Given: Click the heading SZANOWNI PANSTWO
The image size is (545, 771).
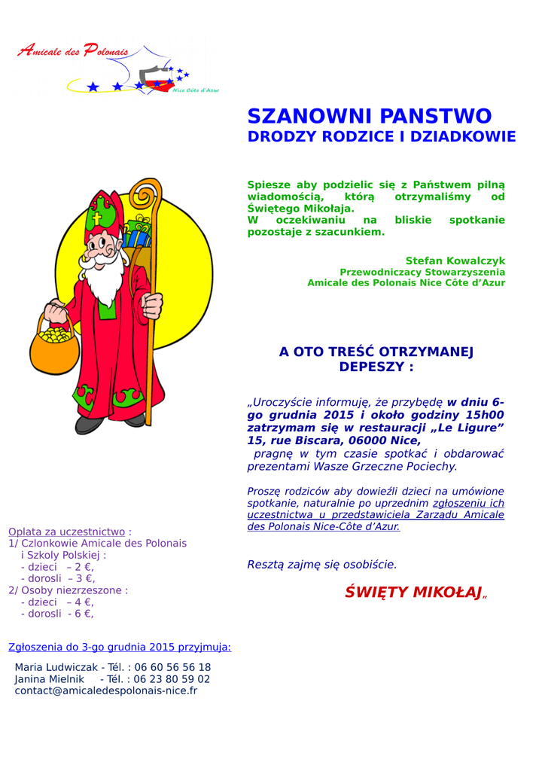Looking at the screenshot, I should click(x=369, y=117).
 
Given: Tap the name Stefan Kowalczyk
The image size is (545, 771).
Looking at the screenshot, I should click(x=455, y=261).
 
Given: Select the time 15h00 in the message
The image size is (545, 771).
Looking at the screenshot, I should click(x=485, y=415).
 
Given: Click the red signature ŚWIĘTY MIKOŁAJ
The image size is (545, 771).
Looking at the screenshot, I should click(x=413, y=593).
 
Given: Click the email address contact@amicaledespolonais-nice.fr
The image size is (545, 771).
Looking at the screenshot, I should click(x=105, y=690).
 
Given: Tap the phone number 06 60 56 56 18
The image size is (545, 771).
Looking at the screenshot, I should click(x=172, y=667).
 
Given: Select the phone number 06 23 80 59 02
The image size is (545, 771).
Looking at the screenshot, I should click(x=172, y=679).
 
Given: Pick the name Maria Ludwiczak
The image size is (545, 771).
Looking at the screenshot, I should click(x=56, y=667).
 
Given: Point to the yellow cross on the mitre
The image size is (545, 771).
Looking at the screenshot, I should click(x=97, y=219).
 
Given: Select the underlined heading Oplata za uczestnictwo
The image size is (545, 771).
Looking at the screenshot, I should click(x=66, y=532).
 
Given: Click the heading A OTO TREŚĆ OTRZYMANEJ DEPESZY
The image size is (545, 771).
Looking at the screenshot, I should click(x=376, y=359).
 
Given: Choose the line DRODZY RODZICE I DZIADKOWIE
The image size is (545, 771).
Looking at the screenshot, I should click(x=382, y=137).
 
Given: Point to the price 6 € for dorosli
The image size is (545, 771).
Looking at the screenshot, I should click(x=82, y=614).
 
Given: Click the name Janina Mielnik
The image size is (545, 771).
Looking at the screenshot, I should click(x=49, y=679).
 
